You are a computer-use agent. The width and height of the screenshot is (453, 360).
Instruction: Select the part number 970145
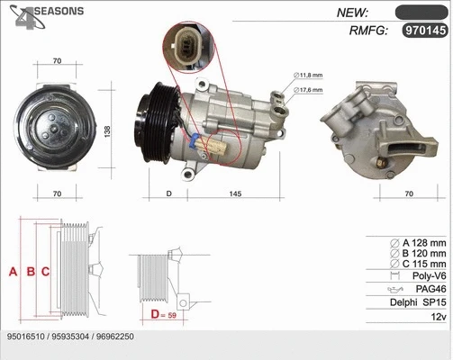click(x=422, y=31)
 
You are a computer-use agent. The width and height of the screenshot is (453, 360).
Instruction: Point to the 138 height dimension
click(x=107, y=130)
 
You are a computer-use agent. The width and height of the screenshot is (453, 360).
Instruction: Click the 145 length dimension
click(x=234, y=193)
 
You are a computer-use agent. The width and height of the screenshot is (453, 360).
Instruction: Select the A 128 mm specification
click(x=418, y=243)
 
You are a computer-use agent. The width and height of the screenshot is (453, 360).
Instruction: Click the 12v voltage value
click(x=438, y=319)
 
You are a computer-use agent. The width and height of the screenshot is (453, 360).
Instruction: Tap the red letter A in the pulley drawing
click(x=13, y=272)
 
